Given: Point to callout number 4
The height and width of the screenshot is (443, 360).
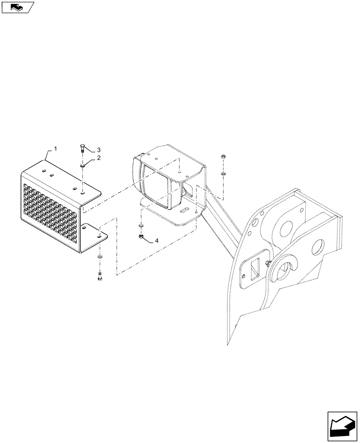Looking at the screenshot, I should (x=157, y=241).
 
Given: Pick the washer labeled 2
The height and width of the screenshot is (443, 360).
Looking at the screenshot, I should (x=83, y=166).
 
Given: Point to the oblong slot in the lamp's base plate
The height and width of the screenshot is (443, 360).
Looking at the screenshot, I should (x=184, y=209).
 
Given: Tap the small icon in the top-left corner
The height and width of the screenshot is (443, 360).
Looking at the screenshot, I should (x=17, y=7).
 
